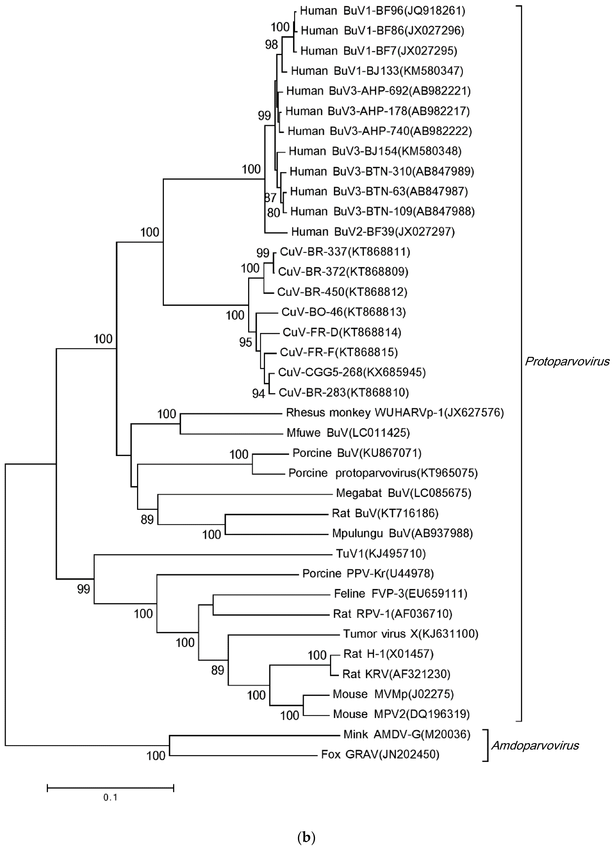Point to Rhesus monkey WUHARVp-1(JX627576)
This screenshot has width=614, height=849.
pos(394,413)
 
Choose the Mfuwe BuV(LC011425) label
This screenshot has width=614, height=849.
pos(348,433)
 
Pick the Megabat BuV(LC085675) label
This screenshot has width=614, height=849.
pos(404,493)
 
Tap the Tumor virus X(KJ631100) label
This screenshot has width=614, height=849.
pos(411,634)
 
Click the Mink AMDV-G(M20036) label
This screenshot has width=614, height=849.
pos(407,734)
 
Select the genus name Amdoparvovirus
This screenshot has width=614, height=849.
pos(535,746)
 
